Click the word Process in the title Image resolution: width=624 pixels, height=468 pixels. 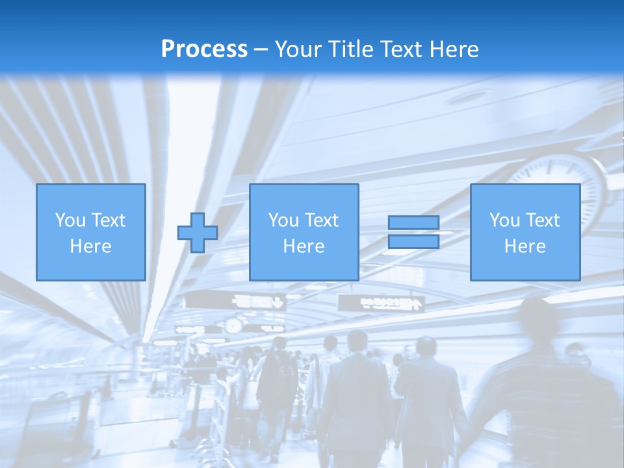204,49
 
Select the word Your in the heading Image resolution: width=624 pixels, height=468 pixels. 296,49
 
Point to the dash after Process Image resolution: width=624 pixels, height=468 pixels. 261,49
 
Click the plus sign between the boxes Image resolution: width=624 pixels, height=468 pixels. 198,233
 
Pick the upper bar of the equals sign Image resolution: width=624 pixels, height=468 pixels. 413,222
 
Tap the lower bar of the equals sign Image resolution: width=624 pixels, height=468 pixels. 413,242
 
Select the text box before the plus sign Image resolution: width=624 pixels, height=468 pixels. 90,232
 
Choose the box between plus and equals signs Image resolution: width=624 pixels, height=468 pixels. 304,232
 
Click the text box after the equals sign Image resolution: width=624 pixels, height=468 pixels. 525,232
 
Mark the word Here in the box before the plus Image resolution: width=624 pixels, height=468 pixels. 90,246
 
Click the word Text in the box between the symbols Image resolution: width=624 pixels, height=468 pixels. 321,220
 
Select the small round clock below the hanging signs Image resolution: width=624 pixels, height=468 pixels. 232,325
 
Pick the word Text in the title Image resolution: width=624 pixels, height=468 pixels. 398,49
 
